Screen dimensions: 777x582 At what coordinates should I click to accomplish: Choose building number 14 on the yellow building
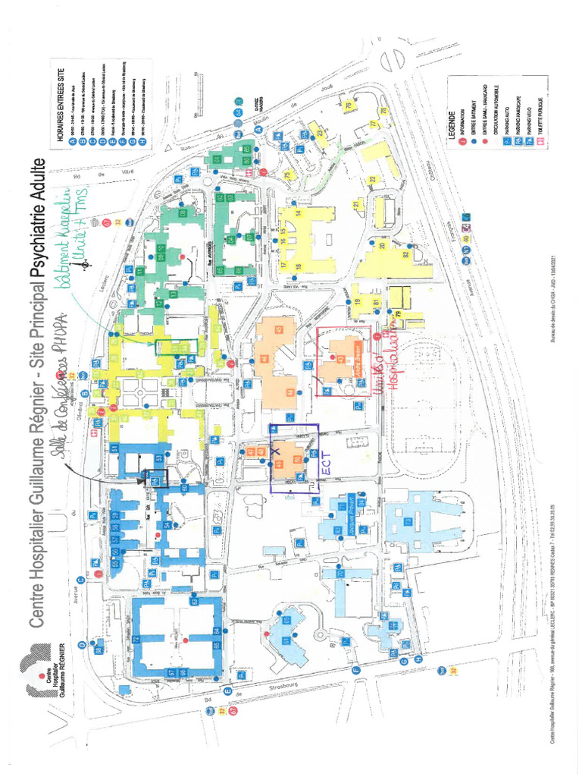[x=299, y=214]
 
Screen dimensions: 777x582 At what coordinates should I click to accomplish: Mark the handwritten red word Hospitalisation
[x=392, y=363]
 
